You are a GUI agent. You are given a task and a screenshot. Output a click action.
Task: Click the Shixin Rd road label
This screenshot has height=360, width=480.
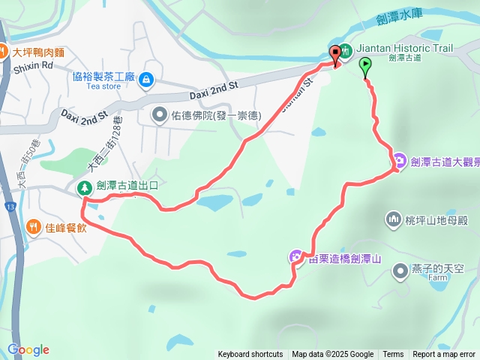[33, 65]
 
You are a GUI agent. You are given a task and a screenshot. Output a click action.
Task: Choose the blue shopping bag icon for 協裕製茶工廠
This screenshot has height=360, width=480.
[146, 77]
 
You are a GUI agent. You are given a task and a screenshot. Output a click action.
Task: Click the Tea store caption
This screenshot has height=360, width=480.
[103, 86]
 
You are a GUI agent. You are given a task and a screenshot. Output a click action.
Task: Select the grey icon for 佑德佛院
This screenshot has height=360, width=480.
[160, 115]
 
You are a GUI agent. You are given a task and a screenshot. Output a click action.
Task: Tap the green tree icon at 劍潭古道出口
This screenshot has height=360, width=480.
[85, 187]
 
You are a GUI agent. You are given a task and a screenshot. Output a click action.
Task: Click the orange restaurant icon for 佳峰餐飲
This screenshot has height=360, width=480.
[33, 226]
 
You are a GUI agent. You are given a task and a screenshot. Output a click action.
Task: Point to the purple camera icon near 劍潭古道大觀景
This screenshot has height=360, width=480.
[399, 160]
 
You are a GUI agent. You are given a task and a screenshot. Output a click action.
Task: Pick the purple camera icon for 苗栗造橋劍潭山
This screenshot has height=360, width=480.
[297, 257]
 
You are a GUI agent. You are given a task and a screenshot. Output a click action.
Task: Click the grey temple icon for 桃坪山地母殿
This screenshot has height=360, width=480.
[394, 220]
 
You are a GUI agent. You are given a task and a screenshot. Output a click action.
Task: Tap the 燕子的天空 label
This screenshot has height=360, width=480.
[438, 268]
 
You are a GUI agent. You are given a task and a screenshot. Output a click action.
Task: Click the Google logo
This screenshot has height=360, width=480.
[28, 349]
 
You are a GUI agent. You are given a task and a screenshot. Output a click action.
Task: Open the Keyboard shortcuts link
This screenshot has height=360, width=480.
[250, 355]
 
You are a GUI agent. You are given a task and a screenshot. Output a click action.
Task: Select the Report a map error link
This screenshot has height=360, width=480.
[444, 355]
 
